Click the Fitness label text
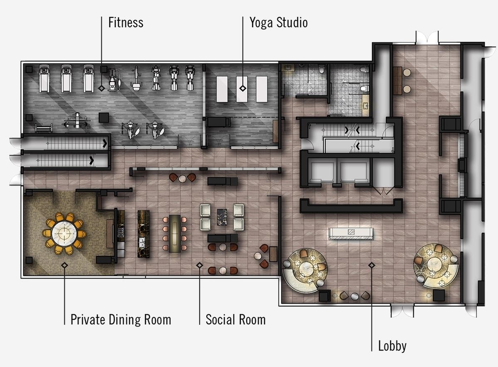pos(126,22)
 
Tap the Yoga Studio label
pos(278,23)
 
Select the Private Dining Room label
pos(121,320)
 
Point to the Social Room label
pos(235,320)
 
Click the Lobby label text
pos(392,346)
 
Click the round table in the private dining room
pos(64,234)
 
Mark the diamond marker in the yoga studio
pos(243,88)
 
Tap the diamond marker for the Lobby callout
pos(372,265)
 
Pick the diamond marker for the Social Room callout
pos(199,265)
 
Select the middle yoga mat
pos(242,89)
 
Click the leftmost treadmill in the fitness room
pos(44,78)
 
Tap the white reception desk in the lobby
pos(351,234)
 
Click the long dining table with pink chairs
pos(175,234)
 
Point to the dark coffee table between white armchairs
pos(222,217)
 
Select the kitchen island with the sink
pos(143,234)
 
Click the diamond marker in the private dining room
pos(64,265)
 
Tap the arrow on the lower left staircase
pos(91,160)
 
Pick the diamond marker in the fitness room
pos(102,88)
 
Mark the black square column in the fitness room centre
pos(103,117)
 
